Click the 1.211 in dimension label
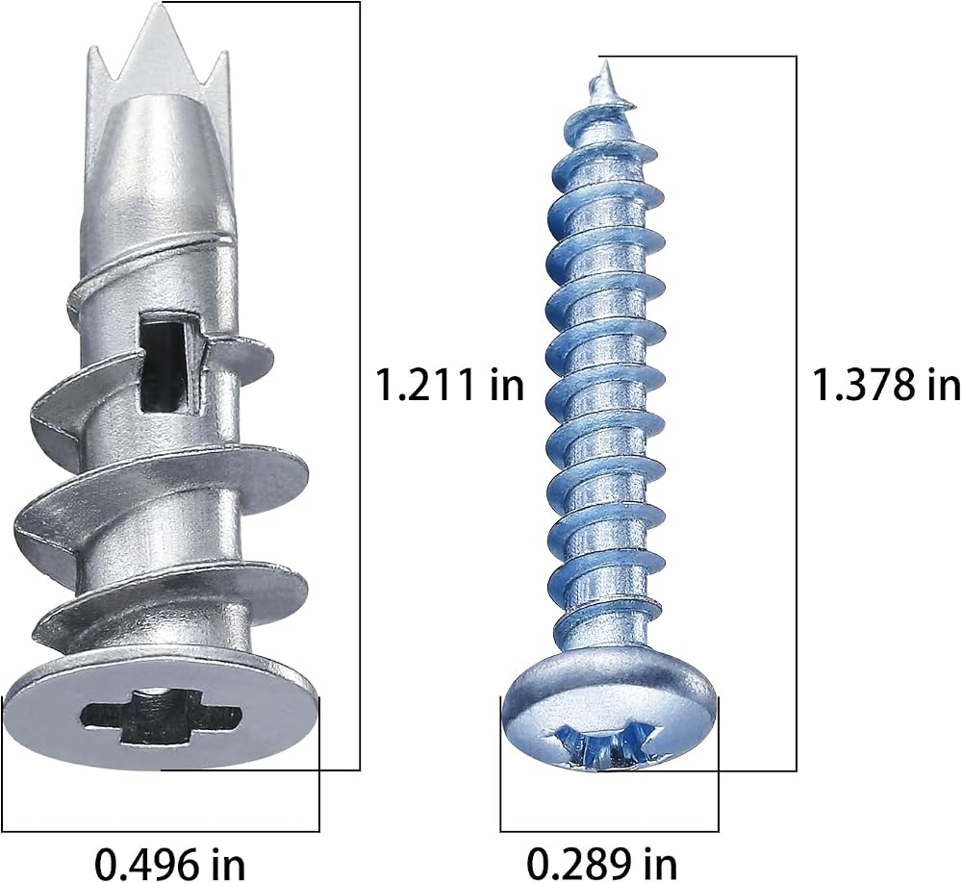point(449,386)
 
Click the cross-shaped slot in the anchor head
point(161,716)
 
